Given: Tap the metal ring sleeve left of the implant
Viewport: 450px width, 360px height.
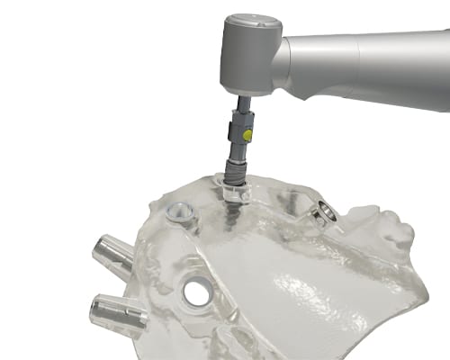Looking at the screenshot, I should pyautogui.click(x=180, y=213).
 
